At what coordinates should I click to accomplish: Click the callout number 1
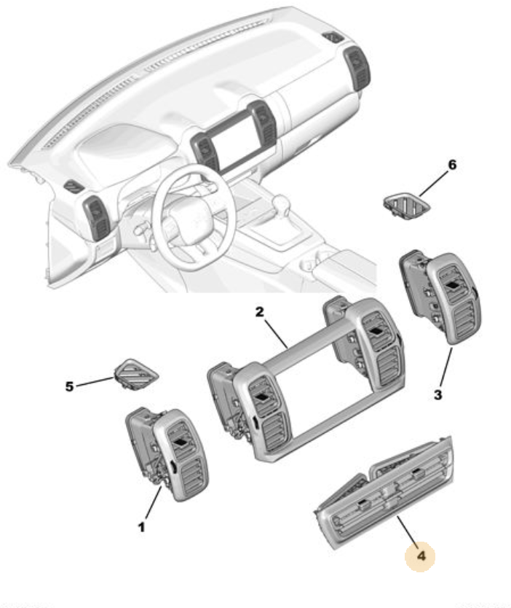coord(142,525)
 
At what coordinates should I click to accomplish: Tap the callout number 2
coord(260,313)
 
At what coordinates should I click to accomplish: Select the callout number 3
coord(437,395)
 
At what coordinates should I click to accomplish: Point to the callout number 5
coord(70,386)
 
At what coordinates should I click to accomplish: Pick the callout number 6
coord(452,165)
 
